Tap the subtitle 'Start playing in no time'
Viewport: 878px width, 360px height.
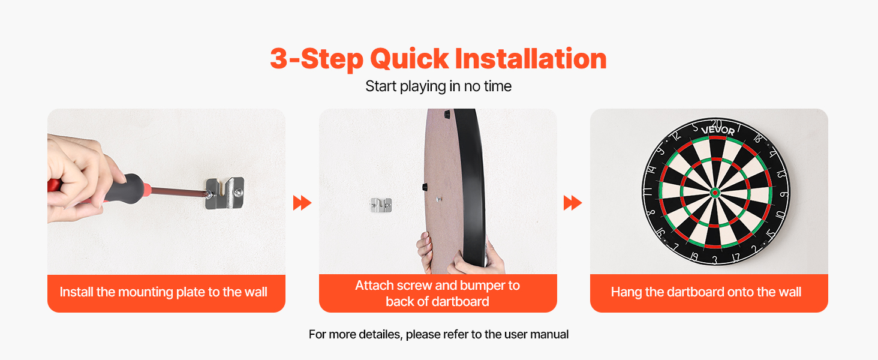click(x=438, y=86)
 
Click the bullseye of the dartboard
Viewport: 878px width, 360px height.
click(x=715, y=193)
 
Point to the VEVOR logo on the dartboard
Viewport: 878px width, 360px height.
click(x=718, y=130)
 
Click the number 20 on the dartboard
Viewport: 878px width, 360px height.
click(x=717, y=124)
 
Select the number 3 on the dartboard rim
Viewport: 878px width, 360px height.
click(x=714, y=260)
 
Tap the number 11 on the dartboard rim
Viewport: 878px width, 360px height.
click(x=648, y=192)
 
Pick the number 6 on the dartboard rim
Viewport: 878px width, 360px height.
click(x=783, y=194)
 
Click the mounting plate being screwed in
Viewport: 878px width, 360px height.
click(x=224, y=193)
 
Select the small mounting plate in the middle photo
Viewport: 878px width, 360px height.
click(x=381, y=205)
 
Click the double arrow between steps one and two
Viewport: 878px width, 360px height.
click(x=302, y=203)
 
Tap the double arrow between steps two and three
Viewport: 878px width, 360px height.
click(x=573, y=203)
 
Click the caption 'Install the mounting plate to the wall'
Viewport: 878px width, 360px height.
click(x=164, y=292)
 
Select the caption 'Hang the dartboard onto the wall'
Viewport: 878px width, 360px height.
click(x=706, y=292)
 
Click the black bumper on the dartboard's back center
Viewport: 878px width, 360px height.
click(x=425, y=186)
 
